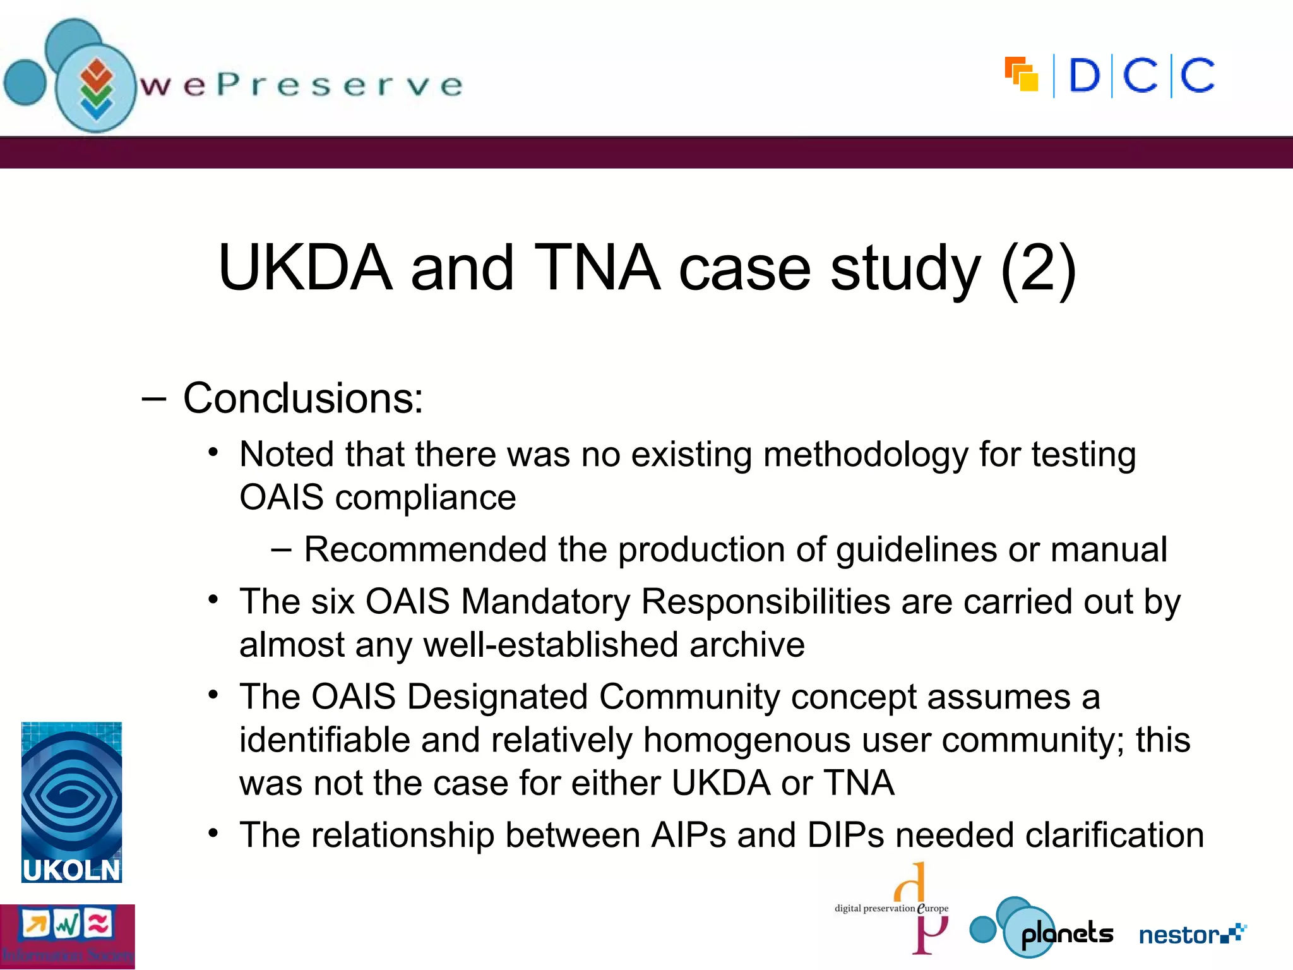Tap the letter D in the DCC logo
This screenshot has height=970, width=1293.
pyautogui.click(x=1084, y=76)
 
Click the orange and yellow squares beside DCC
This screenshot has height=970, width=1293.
pyautogui.click(x=1022, y=75)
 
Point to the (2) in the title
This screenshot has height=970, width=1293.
pyautogui.click(x=1039, y=268)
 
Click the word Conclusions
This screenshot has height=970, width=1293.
pyautogui.click(x=303, y=399)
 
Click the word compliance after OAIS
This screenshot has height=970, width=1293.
pyautogui.click(x=426, y=498)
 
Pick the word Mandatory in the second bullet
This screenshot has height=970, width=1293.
pyautogui.click(x=545, y=601)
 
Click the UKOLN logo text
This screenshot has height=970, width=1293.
pyautogui.click(x=71, y=870)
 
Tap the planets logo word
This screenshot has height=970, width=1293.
pyautogui.click(x=1067, y=933)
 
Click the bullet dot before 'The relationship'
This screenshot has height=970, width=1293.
pyautogui.click(x=213, y=834)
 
